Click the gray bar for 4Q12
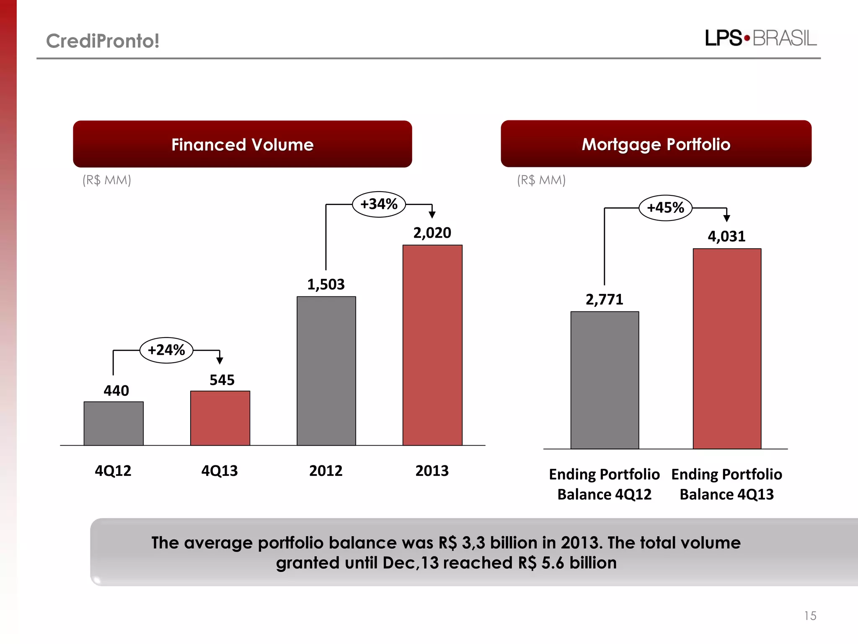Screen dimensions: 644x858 [x=114, y=423]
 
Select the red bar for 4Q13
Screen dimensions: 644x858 [x=220, y=418]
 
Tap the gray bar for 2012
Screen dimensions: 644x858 [x=326, y=371]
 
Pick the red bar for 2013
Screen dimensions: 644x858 [x=432, y=345]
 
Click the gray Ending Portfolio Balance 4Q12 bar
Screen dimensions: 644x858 [x=605, y=380]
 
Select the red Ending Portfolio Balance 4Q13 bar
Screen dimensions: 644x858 [x=727, y=348]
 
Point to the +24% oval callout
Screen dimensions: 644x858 [x=166, y=350]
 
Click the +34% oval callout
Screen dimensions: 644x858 [x=379, y=204]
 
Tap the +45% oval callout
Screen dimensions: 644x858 [x=665, y=208]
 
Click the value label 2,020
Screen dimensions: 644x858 [x=432, y=233]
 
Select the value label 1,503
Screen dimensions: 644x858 [x=326, y=285]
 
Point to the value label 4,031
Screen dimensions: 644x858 [x=726, y=236]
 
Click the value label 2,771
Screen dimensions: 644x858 [x=604, y=299]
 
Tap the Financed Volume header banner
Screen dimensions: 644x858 [x=242, y=144]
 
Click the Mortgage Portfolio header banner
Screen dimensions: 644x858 [x=656, y=144]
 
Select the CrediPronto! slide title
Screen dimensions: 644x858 [x=103, y=41]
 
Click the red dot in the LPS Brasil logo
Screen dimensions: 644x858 [x=747, y=38]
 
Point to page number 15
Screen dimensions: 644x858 [x=810, y=615]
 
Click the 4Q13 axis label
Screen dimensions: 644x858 [x=220, y=471]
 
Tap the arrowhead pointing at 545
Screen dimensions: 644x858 [x=220, y=360]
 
